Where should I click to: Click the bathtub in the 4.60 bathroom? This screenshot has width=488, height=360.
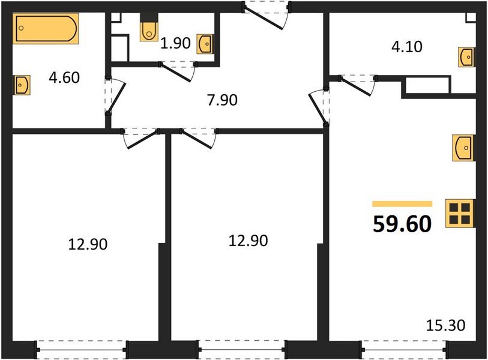46,30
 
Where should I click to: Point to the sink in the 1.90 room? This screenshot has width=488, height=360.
205,43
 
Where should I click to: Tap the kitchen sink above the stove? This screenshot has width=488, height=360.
464,148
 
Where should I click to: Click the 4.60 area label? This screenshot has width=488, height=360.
64,77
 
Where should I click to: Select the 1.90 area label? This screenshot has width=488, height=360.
175,43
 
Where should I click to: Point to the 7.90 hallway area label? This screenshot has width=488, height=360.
222,100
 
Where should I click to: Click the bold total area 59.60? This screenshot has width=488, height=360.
402,224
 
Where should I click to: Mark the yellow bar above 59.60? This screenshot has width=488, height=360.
402,204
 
